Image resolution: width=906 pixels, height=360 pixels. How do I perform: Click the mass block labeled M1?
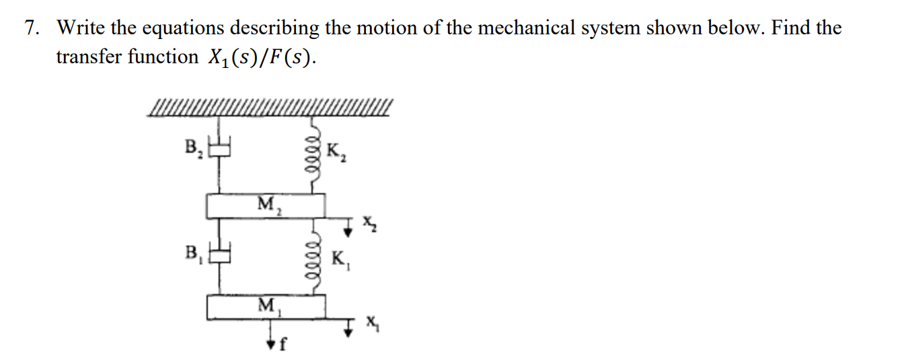point(266,307)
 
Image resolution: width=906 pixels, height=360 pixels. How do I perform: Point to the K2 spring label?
point(336,152)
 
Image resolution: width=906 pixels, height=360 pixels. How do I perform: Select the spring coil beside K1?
point(312,258)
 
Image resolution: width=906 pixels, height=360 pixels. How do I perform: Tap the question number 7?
point(30,28)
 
